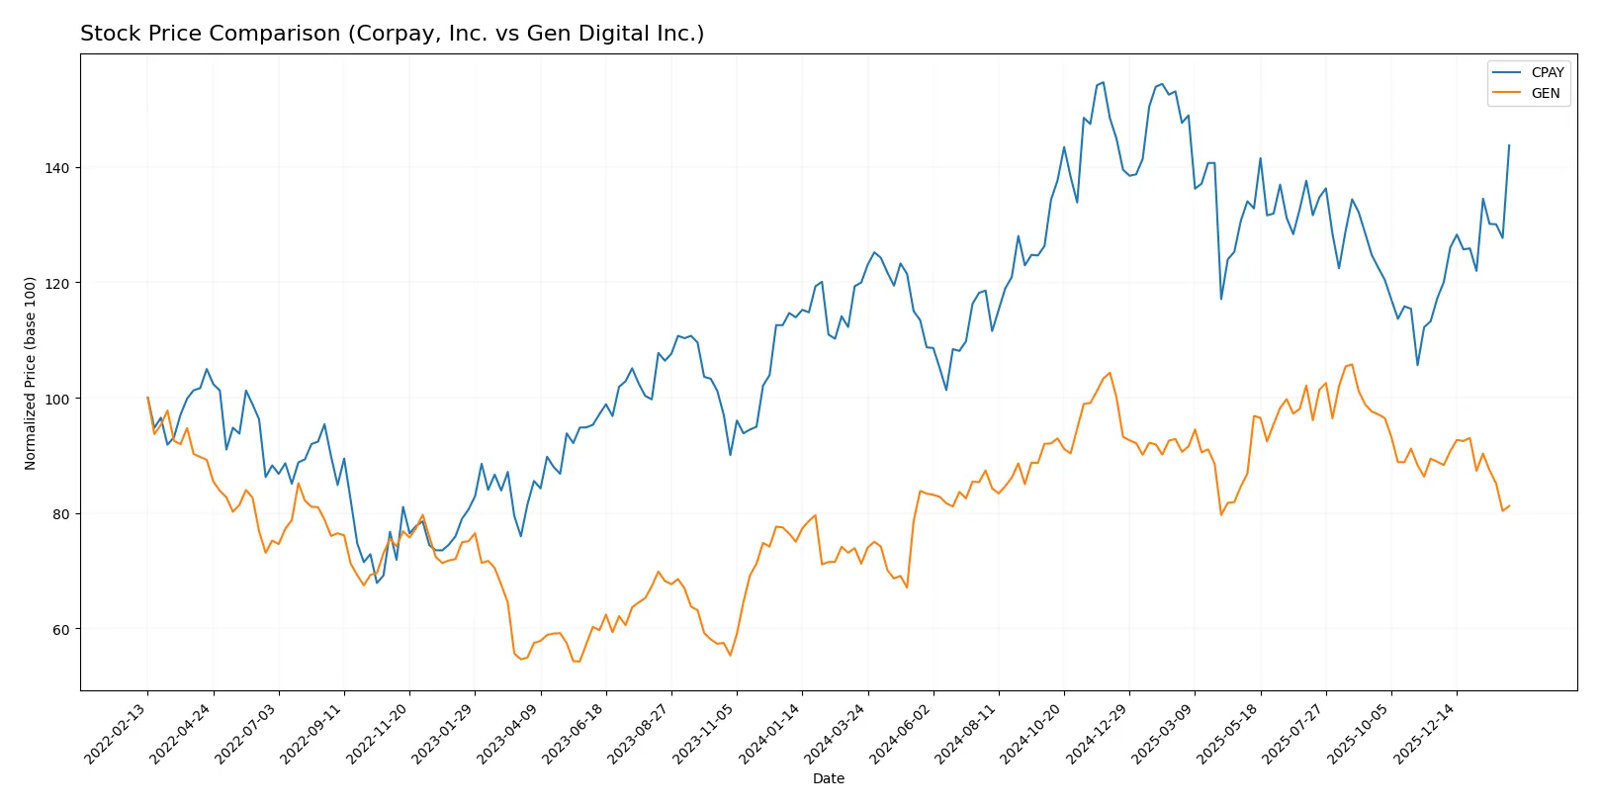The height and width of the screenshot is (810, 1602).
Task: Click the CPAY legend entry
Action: click(x=1547, y=72)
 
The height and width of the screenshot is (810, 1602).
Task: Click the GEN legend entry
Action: click(x=1545, y=93)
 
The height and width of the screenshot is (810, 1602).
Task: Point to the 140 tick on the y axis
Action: click(x=57, y=168)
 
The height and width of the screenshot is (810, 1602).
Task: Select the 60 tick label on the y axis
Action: click(x=60, y=630)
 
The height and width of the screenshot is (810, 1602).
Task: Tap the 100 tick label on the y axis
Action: click(x=57, y=399)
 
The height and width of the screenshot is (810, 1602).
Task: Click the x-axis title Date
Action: click(x=828, y=778)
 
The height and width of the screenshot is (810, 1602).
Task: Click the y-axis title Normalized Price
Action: click(x=30, y=373)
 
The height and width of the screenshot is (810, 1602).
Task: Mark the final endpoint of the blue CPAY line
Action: click(x=1509, y=145)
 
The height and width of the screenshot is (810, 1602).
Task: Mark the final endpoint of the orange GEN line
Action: click(x=1509, y=505)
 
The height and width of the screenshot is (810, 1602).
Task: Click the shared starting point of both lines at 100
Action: click(x=147, y=398)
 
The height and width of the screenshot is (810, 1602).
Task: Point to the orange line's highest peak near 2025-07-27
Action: click(x=1352, y=364)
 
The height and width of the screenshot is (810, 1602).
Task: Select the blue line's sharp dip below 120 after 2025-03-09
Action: click(x=1221, y=299)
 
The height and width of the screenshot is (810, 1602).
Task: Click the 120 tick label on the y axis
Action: click(x=57, y=283)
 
